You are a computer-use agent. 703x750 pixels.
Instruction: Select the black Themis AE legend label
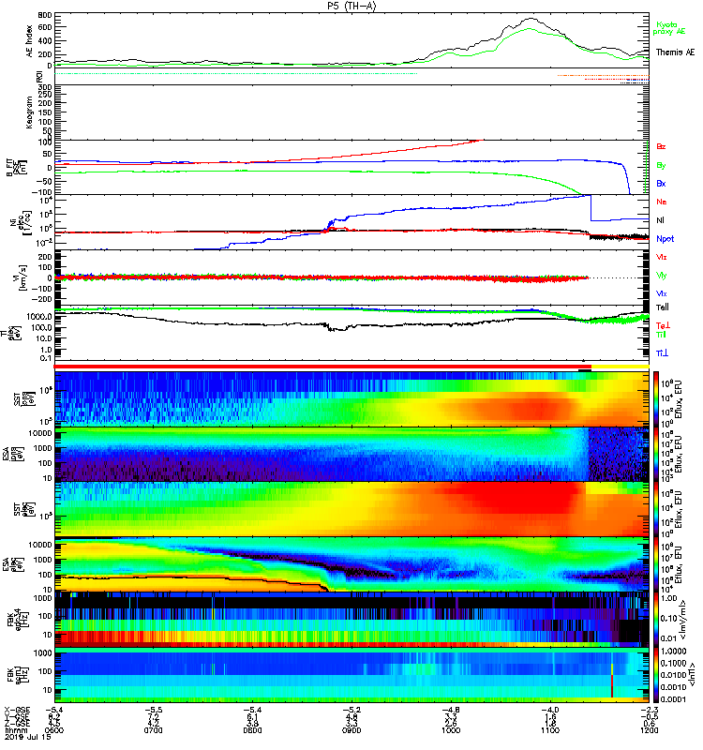pyautogui.click(x=676, y=52)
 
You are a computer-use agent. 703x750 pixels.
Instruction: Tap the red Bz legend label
pyautogui.click(x=661, y=146)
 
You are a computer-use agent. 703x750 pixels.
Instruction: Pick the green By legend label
pyautogui.click(x=661, y=165)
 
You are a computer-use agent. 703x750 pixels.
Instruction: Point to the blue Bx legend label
pyautogui.click(x=661, y=184)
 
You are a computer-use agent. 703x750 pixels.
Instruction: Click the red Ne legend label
pyautogui.click(x=661, y=202)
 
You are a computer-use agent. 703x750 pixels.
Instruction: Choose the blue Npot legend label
pyautogui.click(x=665, y=238)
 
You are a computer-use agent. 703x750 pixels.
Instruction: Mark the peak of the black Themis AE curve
pyautogui.click(x=531, y=18)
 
